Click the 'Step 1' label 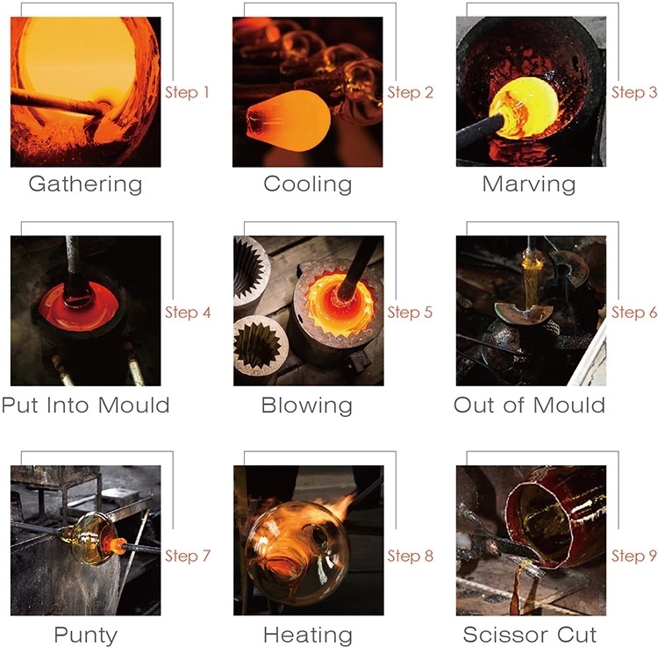(187, 92)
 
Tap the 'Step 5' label (410, 313)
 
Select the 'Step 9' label (633, 556)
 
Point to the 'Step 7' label (187, 556)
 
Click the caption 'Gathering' (85, 184)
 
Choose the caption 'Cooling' (308, 184)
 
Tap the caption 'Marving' (529, 184)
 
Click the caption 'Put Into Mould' (85, 406)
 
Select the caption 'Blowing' (307, 406)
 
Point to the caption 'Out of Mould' (529, 406)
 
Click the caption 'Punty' (86, 636)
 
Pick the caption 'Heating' (308, 636)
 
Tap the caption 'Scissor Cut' (530, 635)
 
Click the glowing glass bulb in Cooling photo (289, 121)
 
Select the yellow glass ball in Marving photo (525, 109)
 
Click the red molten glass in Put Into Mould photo (78, 306)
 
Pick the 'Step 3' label (634, 92)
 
